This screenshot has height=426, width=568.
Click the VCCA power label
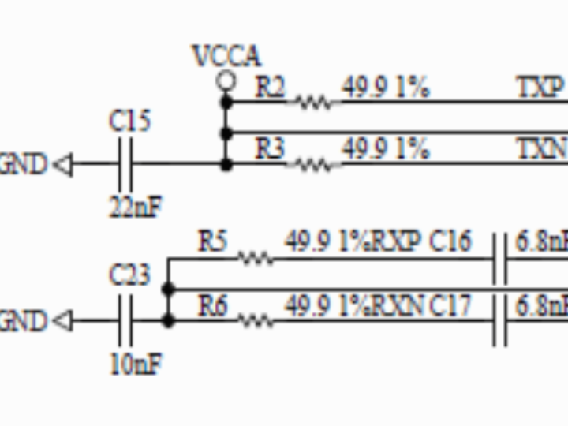pyautogui.click(x=226, y=57)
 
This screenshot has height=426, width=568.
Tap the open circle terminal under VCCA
pyautogui.click(x=226, y=80)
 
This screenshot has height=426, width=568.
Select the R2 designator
pyautogui.click(x=270, y=87)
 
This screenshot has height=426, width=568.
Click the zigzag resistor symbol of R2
pyautogui.click(x=313, y=102)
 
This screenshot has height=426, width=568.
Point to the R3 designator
pyautogui.click(x=270, y=148)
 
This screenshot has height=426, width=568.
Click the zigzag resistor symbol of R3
pyautogui.click(x=313, y=164)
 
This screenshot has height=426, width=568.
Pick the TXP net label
pyautogui.click(x=540, y=87)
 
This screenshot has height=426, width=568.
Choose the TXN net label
pyautogui.click(x=540, y=148)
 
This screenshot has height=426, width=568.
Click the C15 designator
pyautogui.click(x=129, y=121)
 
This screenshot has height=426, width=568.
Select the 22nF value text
pyautogui.click(x=135, y=207)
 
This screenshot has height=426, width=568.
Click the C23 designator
pyautogui.click(x=129, y=276)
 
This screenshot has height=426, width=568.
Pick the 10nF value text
pyautogui.click(x=135, y=364)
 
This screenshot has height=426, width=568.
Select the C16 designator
pyautogui.click(x=450, y=241)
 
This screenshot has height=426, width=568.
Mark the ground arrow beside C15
pyautogui.click(x=62, y=165)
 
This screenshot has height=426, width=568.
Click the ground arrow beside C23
pyautogui.click(x=62, y=321)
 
